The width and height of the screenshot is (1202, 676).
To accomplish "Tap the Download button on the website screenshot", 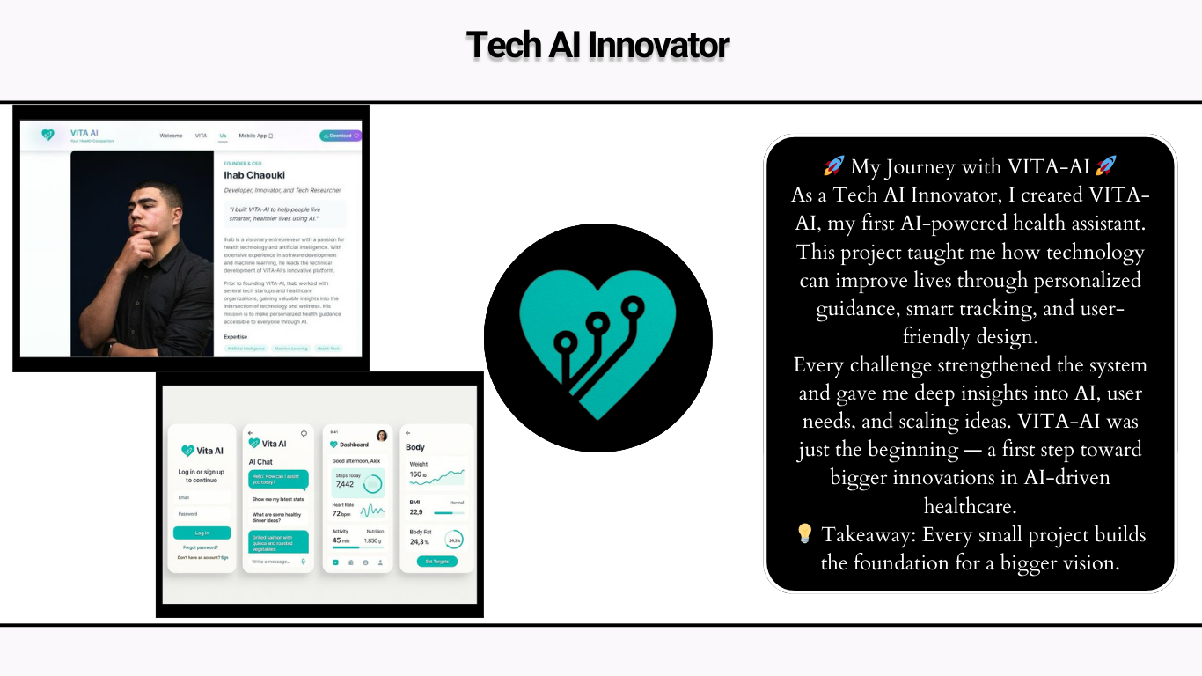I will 340,136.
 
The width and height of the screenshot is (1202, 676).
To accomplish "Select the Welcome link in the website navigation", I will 171,136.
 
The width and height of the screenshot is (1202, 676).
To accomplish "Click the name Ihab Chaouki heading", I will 254,175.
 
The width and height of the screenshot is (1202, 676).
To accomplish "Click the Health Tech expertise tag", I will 328,349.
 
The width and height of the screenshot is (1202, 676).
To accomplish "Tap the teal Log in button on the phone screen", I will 202,533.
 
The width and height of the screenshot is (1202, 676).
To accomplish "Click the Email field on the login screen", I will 202,497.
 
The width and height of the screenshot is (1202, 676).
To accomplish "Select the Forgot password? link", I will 201,547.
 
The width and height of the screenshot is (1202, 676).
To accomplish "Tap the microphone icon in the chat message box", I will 303,562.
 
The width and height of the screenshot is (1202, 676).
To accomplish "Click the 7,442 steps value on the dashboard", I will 345,484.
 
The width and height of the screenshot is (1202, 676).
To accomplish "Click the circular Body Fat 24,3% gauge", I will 454,540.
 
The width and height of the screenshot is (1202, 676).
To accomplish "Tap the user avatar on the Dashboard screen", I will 382,436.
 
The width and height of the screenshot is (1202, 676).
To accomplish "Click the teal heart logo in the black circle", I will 598,339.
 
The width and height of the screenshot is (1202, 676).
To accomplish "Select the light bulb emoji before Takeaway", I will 804,533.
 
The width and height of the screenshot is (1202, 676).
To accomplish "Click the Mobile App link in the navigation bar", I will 256,136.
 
